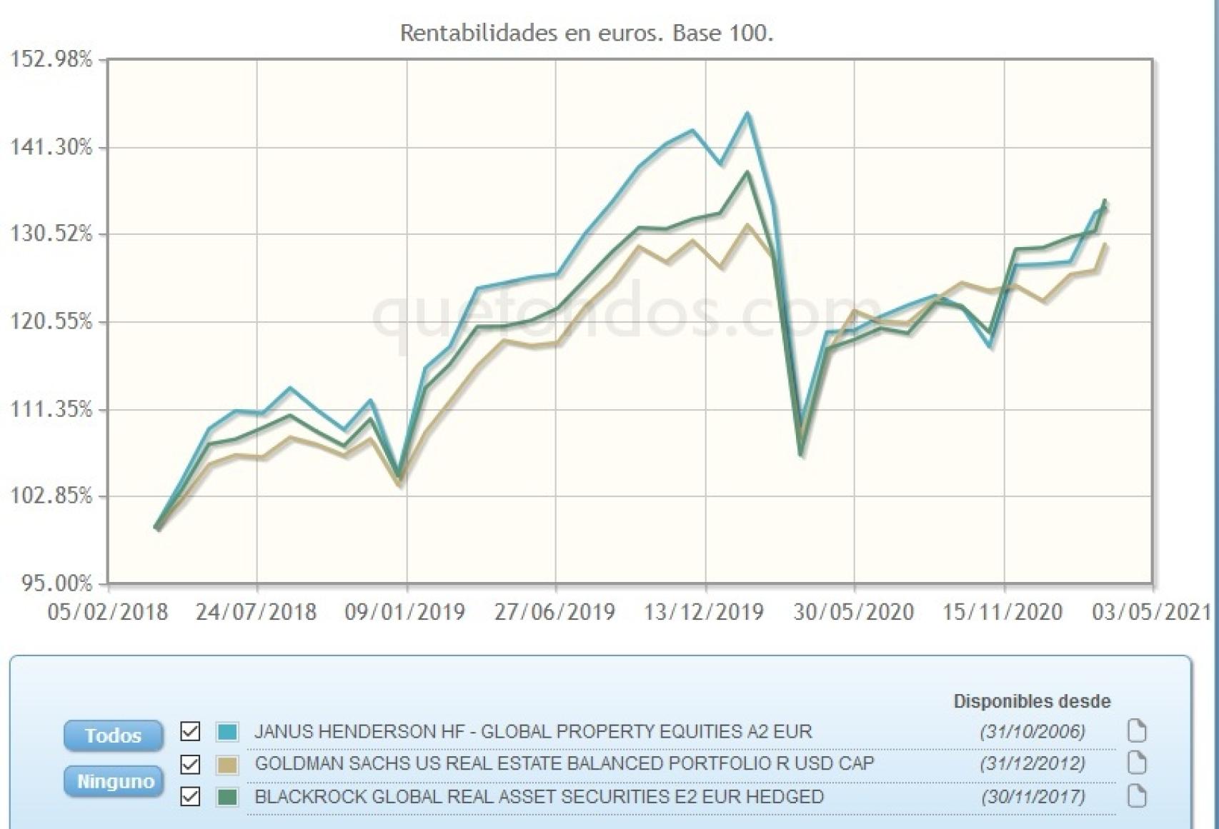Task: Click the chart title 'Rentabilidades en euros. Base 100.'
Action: [x=586, y=33]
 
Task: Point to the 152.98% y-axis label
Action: [x=51, y=59]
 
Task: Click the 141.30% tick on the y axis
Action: [x=51, y=147]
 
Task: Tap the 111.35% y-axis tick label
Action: [x=51, y=409]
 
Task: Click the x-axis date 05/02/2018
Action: [x=107, y=612]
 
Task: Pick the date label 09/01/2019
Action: [x=405, y=612]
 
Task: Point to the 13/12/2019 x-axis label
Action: [x=704, y=612]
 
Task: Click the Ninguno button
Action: [x=114, y=781]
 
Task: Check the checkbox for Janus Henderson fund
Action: [x=190, y=731]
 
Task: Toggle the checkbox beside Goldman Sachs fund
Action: [x=190, y=764]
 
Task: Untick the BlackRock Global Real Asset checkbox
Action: [x=190, y=796]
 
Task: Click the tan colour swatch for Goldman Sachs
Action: [x=227, y=764]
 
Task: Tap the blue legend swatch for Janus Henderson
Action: [x=227, y=731]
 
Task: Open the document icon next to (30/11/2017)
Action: [x=1136, y=796]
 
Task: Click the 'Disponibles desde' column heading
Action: [x=1032, y=701]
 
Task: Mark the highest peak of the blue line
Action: [x=747, y=114]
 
